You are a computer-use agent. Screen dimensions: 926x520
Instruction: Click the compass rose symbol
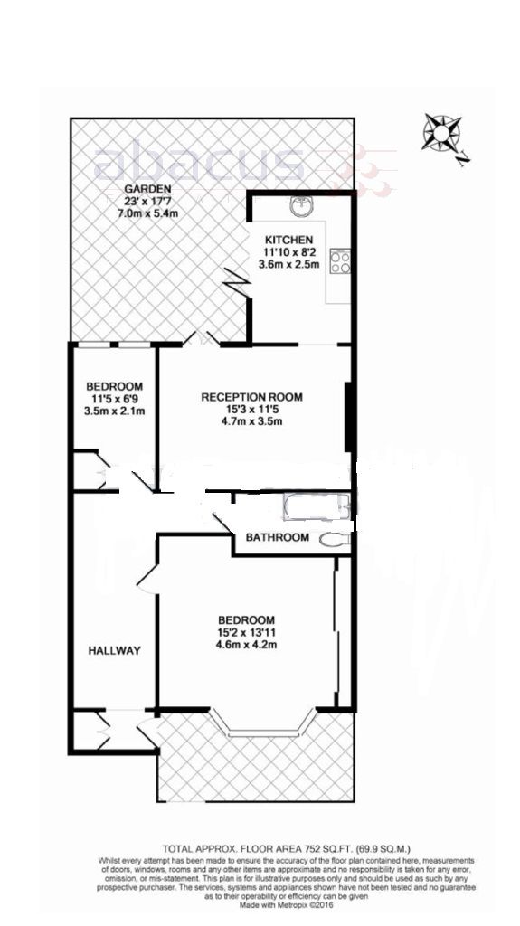441,134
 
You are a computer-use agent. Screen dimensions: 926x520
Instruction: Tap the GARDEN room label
147,188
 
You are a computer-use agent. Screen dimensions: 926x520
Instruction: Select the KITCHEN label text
288,239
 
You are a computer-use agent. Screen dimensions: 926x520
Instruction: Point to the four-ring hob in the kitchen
342,261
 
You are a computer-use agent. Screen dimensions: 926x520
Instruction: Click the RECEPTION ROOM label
251,396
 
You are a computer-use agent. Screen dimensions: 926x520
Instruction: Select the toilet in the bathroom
336,540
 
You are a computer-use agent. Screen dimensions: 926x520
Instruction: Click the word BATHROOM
278,537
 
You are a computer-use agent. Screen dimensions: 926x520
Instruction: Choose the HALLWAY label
114,650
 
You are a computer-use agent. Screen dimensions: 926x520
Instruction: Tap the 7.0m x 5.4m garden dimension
148,213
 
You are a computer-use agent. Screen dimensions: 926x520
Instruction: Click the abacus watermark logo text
199,165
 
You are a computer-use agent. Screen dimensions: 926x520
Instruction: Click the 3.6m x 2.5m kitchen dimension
289,265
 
